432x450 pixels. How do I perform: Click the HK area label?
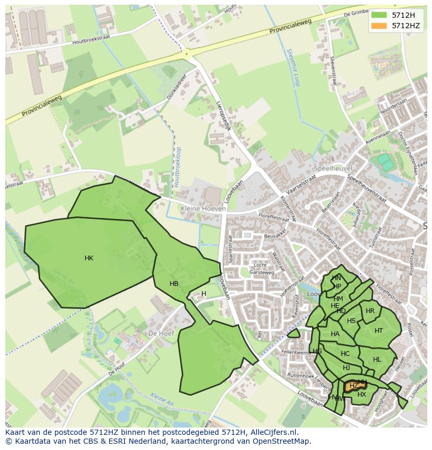pyautogui.click(x=89, y=258)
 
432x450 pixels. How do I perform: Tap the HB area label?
pyautogui.click(x=174, y=284)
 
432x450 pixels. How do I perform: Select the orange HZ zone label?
pyautogui.click(x=354, y=386)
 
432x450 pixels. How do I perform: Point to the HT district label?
pyautogui.click(x=379, y=330)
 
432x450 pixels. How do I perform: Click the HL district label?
pyautogui.click(x=377, y=360)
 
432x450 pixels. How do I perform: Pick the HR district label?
pyautogui.click(x=370, y=311)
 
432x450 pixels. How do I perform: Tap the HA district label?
pyautogui.click(x=335, y=334)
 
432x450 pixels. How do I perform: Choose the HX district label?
pyautogui.click(x=362, y=395)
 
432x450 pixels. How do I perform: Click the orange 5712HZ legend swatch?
pyautogui.click(x=379, y=26)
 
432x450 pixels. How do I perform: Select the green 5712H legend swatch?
pyautogui.click(x=379, y=15)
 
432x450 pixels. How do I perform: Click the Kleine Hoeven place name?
pyautogui.click(x=203, y=209)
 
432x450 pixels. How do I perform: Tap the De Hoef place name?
pyautogui.click(x=161, y=333)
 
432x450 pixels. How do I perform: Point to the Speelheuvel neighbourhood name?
pyautogui.click(x=333, y=168)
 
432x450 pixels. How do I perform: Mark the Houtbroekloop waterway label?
pyautogui.click(x=178, y=167)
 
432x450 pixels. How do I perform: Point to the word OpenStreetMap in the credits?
pyautogui.click(x=281, y=441)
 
